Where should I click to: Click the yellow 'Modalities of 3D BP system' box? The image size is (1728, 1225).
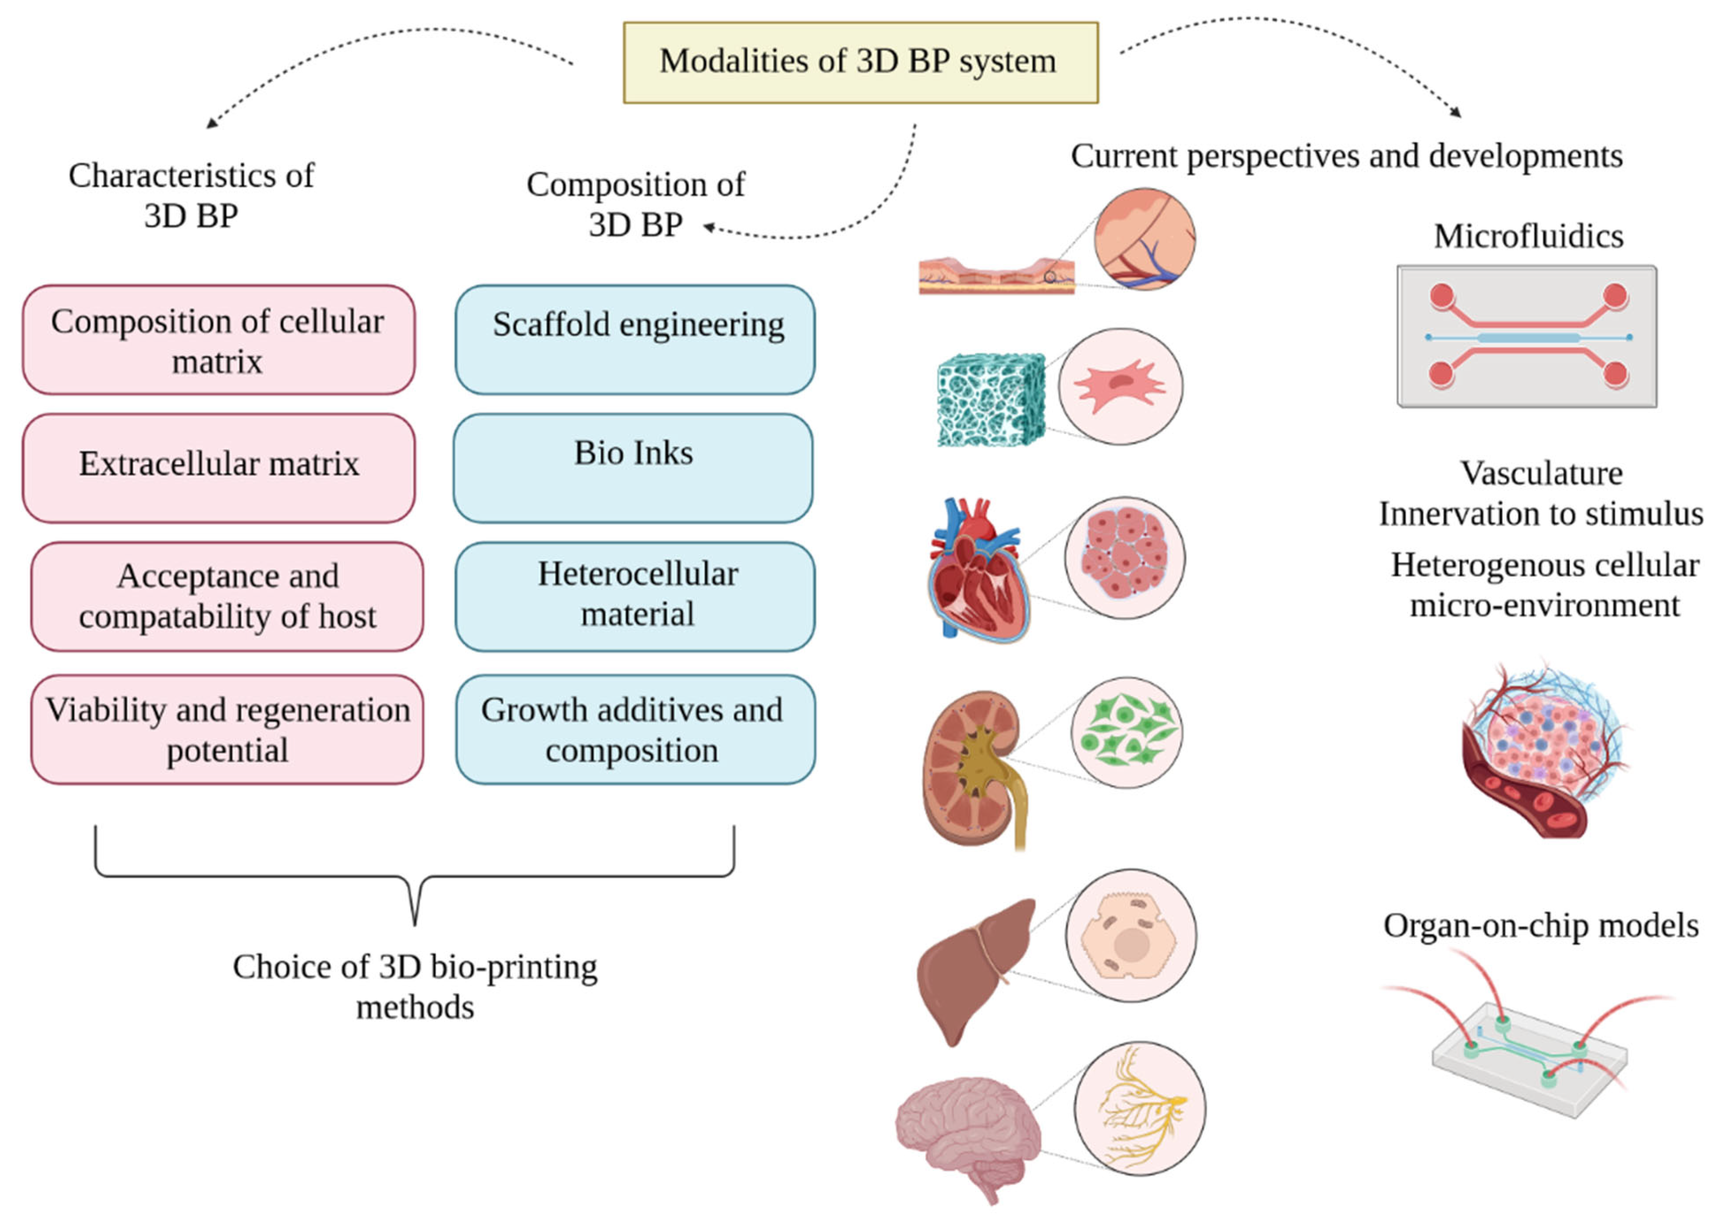861,63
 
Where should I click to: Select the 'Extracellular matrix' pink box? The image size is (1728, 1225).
219,468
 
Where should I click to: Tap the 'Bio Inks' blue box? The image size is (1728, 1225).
634,468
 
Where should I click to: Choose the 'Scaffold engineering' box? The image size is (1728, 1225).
635,340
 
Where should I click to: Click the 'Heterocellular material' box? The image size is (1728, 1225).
635,596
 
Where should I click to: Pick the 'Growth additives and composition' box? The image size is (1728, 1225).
635,729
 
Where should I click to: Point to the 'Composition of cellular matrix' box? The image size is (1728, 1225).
219,340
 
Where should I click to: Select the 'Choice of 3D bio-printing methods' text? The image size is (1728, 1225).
415,987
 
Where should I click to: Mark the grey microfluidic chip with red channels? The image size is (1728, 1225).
1527,336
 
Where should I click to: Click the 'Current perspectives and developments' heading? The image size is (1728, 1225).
1347,156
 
